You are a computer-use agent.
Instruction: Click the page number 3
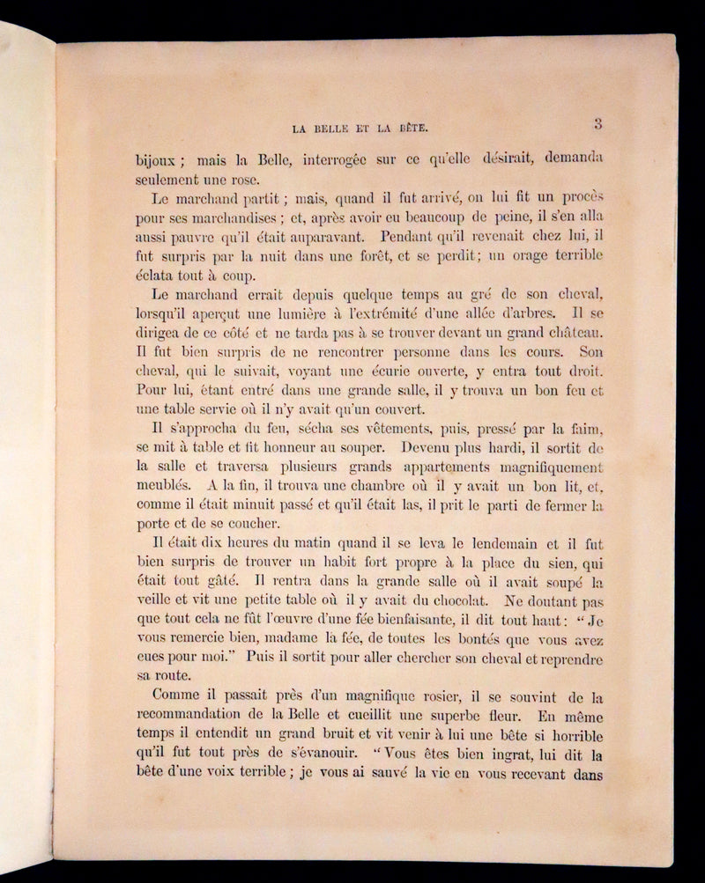click(x=597, y=124)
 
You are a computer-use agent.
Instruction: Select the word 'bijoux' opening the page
click(x=156, y=160)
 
